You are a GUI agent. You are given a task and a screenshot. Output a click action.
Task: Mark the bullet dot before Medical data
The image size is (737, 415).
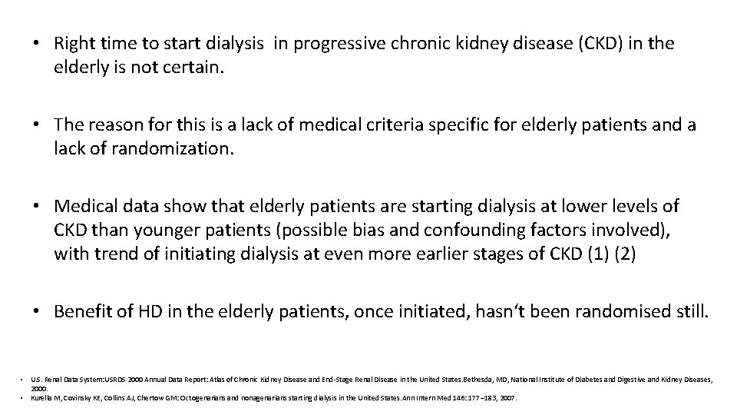[x=36, y=206]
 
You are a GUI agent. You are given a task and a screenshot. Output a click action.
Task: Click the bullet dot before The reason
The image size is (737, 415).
[x=36, y=124]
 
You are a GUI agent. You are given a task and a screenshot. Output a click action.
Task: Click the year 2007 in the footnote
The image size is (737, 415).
[x=509, y=398]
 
